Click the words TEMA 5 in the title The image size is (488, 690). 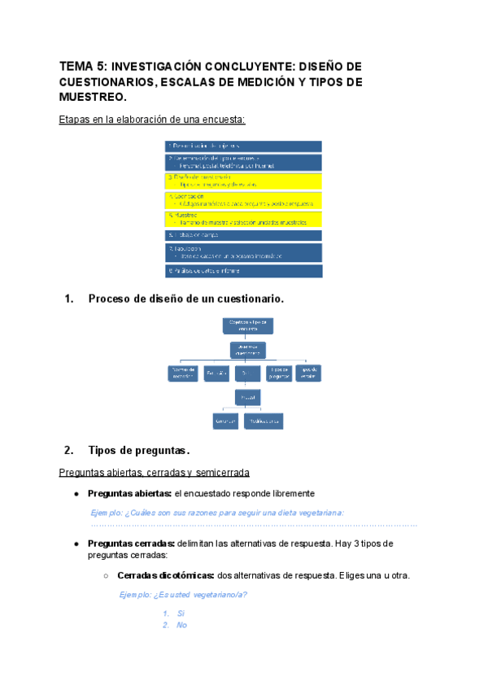point(81,67)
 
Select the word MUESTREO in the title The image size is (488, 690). point(92,97)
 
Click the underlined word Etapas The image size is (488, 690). point(75,120)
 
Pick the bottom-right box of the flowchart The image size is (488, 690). point(264,421)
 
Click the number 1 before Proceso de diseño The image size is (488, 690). point(68,299)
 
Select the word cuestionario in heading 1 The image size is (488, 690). point(246,299)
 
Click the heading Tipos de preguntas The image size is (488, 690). point(139,451)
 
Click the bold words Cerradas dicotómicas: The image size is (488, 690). point(165,575)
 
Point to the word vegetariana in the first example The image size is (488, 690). point(315,513)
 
